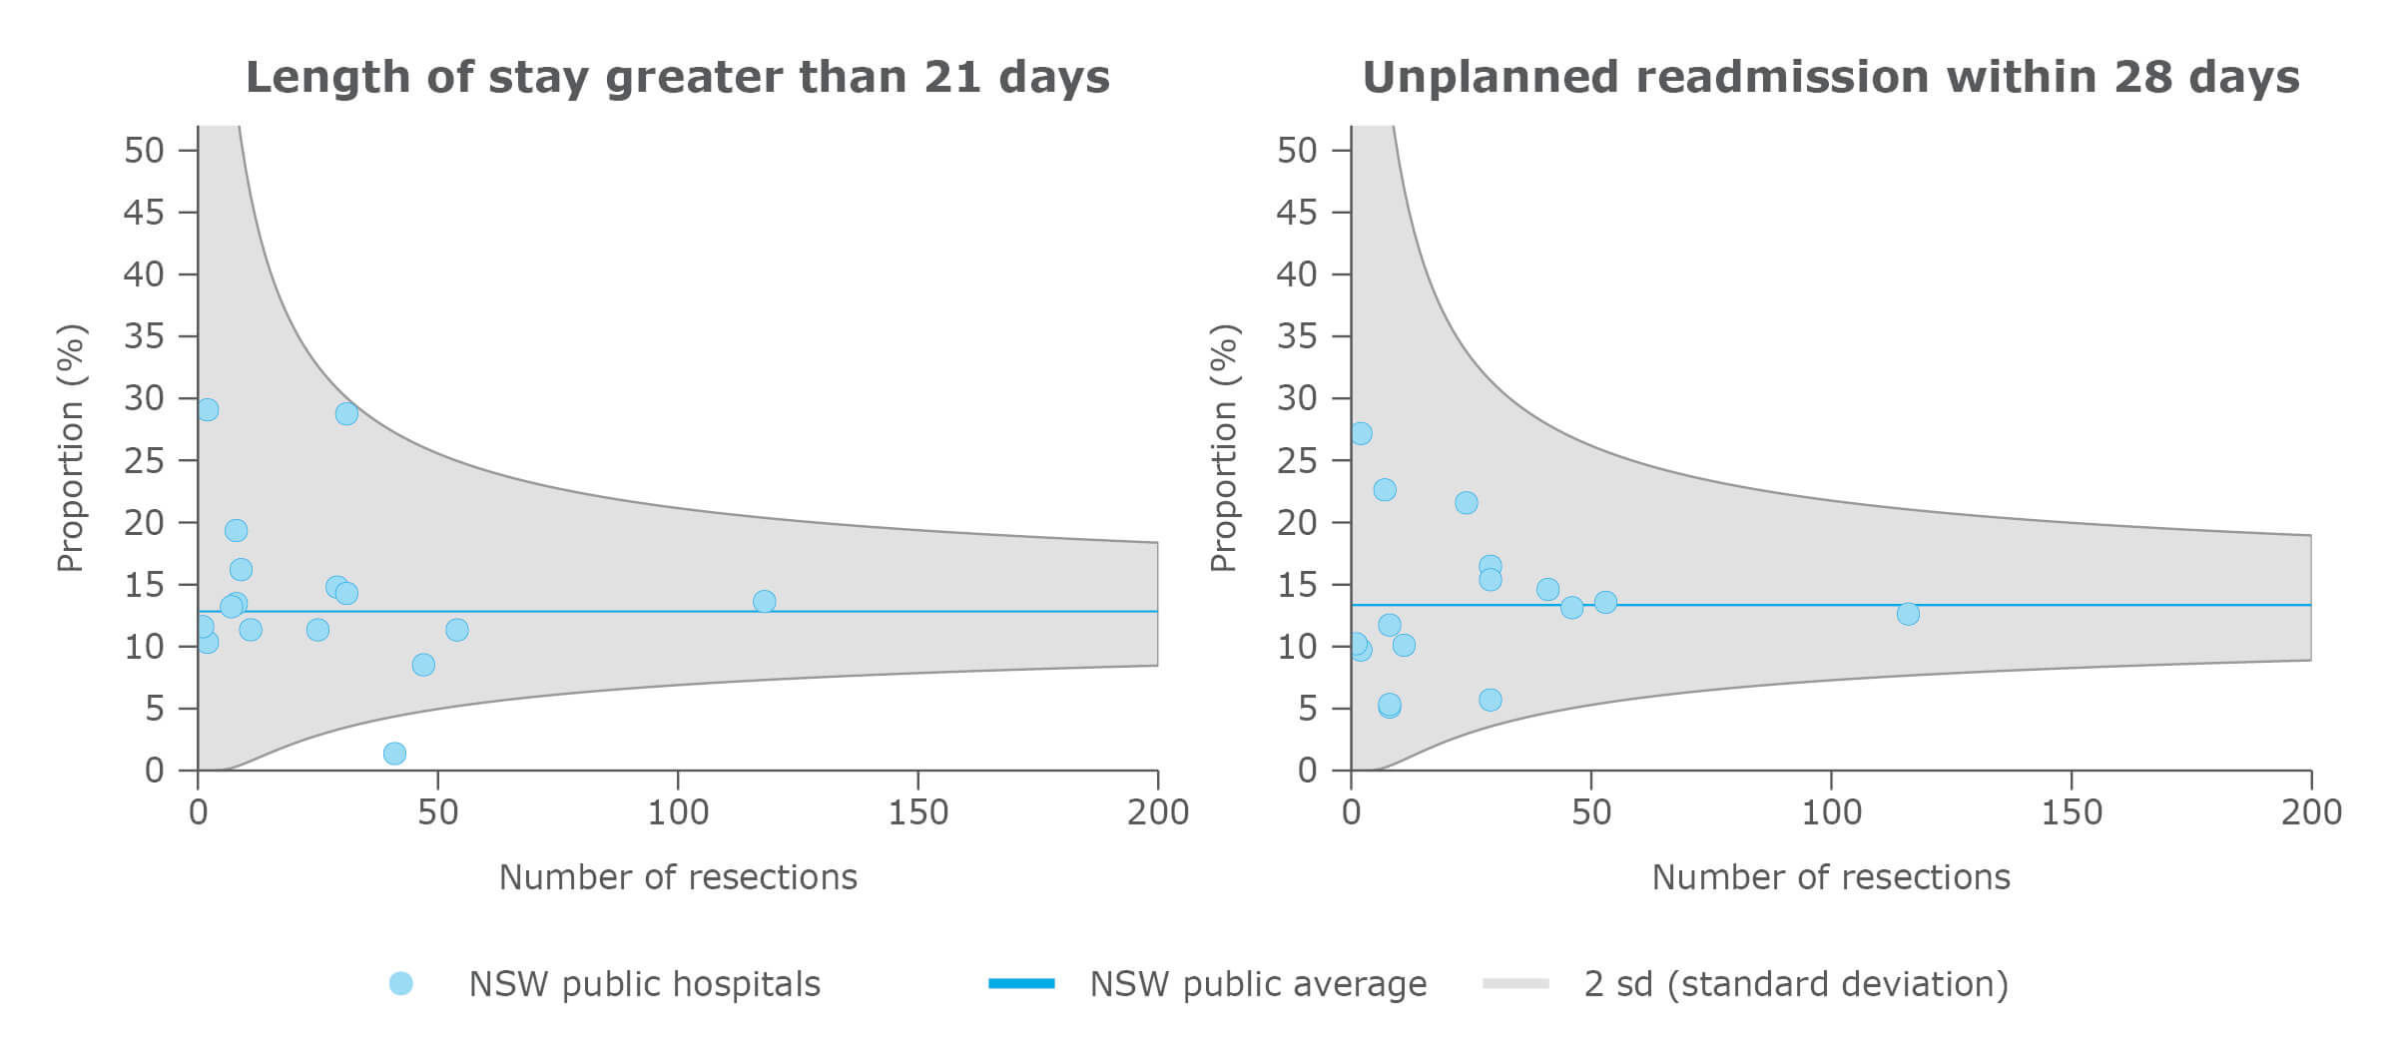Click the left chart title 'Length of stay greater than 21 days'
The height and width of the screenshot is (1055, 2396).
(x=677, y=77)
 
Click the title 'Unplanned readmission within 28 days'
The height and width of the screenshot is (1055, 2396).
(x=1830, y=77)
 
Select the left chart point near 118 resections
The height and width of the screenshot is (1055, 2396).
(x=764, y=601)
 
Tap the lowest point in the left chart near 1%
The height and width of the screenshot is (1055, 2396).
(x=394, y=754)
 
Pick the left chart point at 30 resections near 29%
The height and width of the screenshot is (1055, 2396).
(x=346, y=413)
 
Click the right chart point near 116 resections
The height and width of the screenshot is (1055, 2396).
(x=1908, y=614)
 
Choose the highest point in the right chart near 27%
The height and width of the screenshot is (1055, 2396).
(x=1361, y=433)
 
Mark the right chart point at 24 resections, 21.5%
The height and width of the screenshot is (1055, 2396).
(x=1466, y=502)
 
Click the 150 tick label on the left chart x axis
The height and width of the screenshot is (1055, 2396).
(x=917, y=812)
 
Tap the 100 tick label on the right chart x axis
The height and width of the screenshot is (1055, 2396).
(x=1831, y=812)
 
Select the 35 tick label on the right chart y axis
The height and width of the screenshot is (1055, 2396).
(x=1297, y=336)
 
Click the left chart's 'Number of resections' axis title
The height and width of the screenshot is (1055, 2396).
(x=678, y=876)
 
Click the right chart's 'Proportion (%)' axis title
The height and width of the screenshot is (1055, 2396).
(x=1223, y=448)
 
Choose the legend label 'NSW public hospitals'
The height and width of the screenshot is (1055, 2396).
(x=644, y=984)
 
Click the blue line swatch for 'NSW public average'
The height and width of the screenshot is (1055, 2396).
(x=1021, y=984)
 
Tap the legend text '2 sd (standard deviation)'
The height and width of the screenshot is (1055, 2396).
(x=1796, y=984)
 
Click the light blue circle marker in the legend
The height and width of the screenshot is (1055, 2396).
(x=400, y=984)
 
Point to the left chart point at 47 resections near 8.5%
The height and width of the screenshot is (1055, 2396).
(x=423, y=665)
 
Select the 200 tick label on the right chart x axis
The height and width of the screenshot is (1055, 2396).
(x=2311, y=812)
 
